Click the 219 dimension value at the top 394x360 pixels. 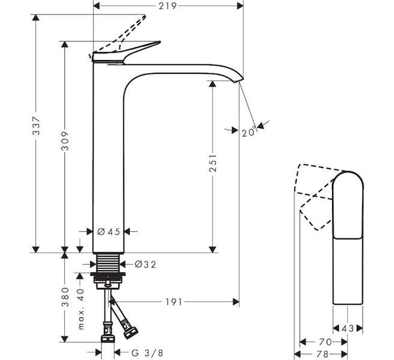point(168,7)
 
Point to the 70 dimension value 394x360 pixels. point(325,341)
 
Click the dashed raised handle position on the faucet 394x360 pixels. point(129,31)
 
